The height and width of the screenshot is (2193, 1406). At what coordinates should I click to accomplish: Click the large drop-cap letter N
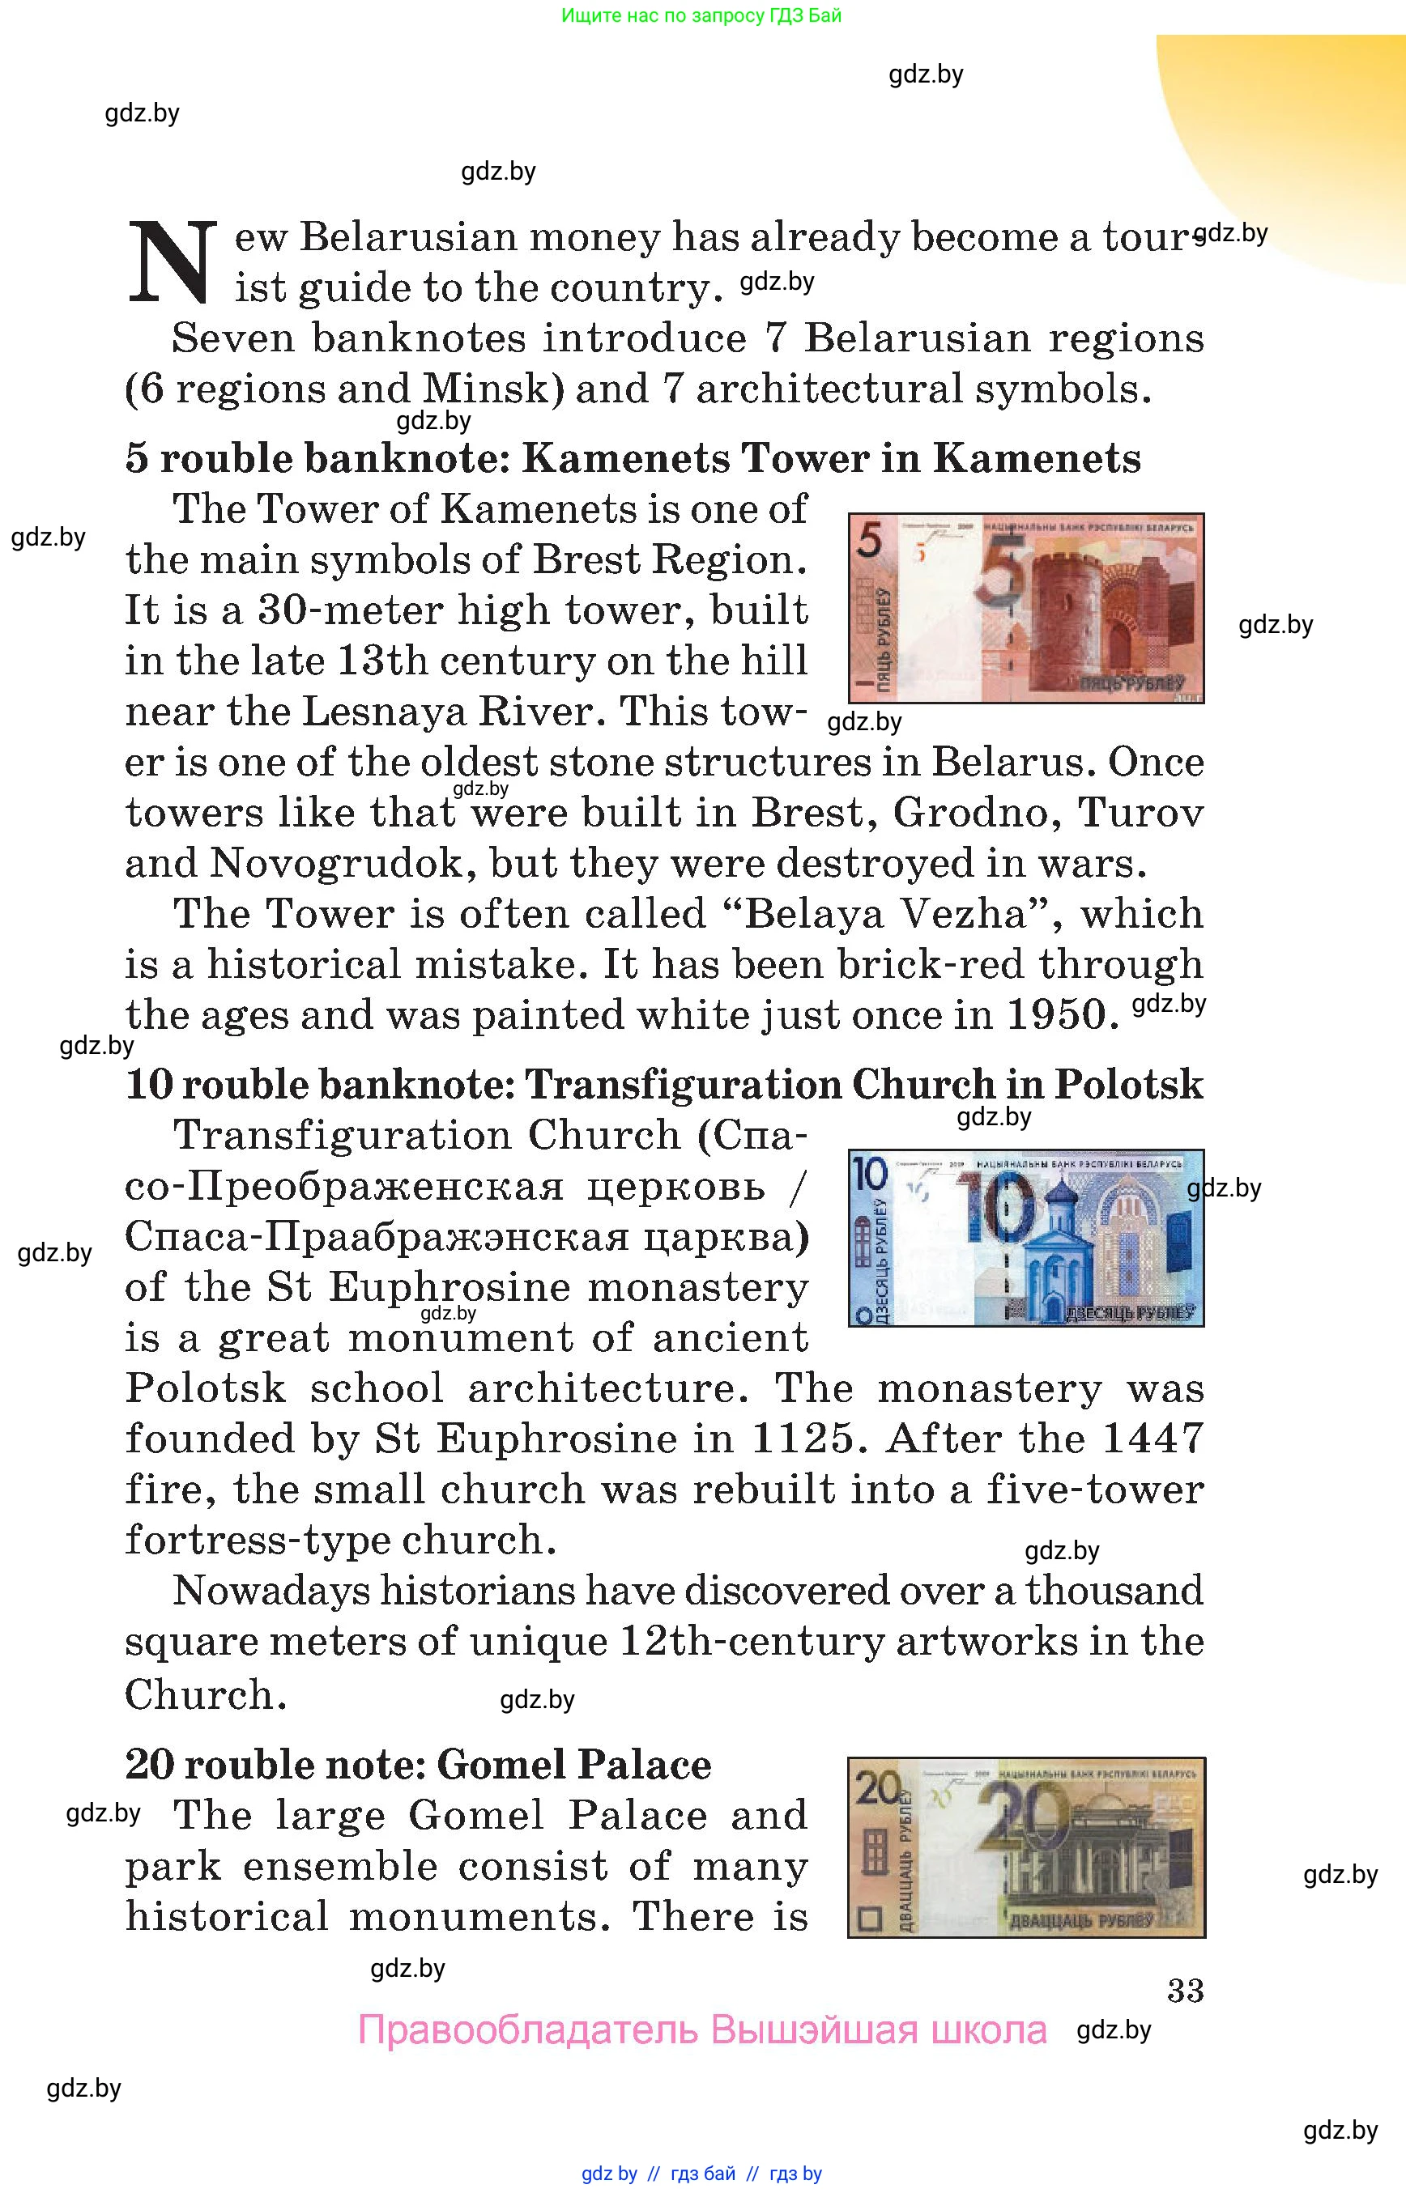(x=172, y=262)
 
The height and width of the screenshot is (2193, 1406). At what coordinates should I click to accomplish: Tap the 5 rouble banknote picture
(x=1025, y=608)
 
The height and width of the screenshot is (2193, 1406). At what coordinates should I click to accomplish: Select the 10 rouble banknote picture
(x=1025, y=1238)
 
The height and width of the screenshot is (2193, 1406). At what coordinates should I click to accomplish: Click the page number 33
(x=1185, y=1991)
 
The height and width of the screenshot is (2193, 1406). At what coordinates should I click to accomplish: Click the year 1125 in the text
(x=802, y=1439)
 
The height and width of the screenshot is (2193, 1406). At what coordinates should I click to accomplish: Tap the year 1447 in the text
(x=1152, y=1439)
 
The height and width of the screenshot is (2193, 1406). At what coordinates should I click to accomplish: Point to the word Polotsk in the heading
(x=1128, y=1085)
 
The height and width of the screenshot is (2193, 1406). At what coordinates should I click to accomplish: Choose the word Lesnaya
(x=382, y=712)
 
